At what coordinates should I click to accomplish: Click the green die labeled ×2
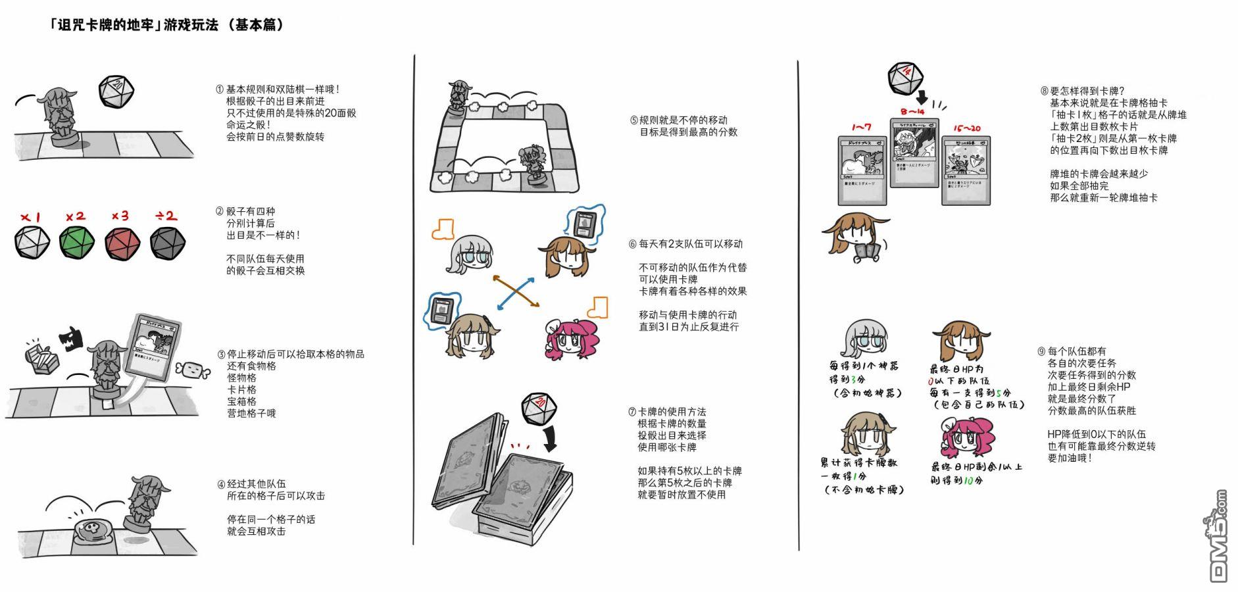[76, 242]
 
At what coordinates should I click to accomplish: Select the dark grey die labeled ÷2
[167, 243]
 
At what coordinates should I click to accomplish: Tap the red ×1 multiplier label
[30, 217]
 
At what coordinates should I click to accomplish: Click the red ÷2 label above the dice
[166, 216]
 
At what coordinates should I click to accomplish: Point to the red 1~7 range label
[861, 127]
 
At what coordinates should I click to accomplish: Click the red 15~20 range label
[966, 128]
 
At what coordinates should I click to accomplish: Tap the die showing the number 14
[905, 78]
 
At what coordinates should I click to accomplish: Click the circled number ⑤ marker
[633, 120]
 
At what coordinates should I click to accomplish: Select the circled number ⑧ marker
[1044, 91]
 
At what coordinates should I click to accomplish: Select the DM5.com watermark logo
[1218, 536]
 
